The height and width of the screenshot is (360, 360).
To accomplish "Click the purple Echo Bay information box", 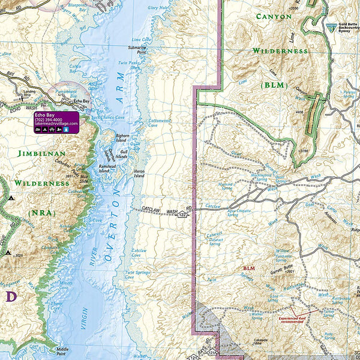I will pyautogui.click(x=56, y=122).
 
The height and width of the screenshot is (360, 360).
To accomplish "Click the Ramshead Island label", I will pyautogui.click(x=112, y=168).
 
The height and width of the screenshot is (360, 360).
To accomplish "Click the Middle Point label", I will pyautogui.click(x=63, y=350).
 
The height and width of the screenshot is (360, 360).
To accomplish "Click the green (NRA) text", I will pyautogui.click(x=41, y=212).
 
